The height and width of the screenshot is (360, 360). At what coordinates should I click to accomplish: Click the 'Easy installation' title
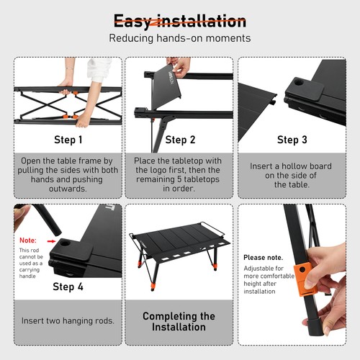point(180,21)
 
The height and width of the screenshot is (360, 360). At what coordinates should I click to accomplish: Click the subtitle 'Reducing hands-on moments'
point(180,38)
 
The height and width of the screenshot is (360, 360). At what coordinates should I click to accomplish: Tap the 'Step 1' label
point(68,140)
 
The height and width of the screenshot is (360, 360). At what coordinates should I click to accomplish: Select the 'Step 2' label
point(180,140)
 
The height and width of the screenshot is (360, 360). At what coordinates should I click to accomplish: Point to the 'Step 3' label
point(292,140)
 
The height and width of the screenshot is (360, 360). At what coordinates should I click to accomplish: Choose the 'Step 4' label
point(68,287)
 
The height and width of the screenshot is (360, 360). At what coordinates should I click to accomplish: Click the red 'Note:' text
point(28,240)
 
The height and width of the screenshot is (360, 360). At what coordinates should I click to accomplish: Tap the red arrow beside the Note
point(51,241)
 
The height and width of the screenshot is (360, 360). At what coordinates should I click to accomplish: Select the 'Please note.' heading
point(263,258)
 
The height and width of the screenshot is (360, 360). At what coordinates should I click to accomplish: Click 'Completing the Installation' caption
point(179,322)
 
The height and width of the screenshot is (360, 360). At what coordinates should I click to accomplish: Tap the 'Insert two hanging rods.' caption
point(68,321)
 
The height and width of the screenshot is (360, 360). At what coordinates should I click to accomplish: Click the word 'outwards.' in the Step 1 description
point(68,189)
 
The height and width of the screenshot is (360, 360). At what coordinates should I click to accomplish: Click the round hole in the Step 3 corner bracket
point(299,83)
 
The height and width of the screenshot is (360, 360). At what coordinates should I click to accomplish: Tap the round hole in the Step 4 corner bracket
point(64,243)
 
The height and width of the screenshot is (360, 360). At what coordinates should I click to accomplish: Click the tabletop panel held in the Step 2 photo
point(166,84)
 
